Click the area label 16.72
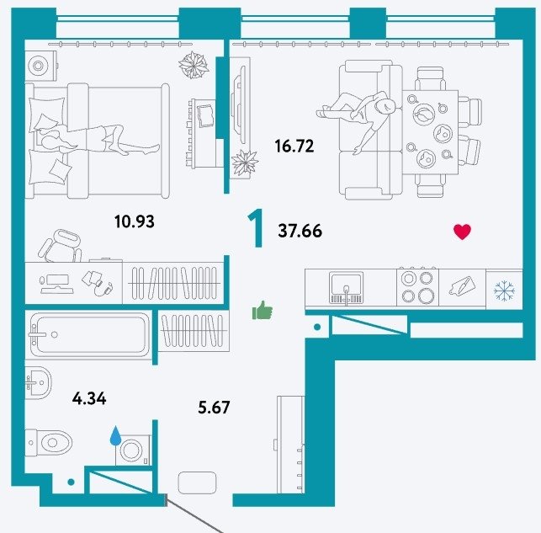click(294, 146)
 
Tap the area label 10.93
click(135, 221)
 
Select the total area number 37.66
click(300, 231)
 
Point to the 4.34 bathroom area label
click(89, 399)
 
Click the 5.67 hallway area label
click(214, 408)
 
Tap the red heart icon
click(462, 232)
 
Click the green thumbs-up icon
click(263, 310)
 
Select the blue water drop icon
click(115, 435)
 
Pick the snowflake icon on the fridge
click(504, 290)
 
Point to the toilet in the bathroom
click(48, 443)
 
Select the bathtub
click(89, 334)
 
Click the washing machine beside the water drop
click(133, 450)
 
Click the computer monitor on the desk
click(57, 284)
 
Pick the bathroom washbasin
click(38, 382)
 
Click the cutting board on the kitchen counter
click(462, 286)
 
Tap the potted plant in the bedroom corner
click(194, 65)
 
